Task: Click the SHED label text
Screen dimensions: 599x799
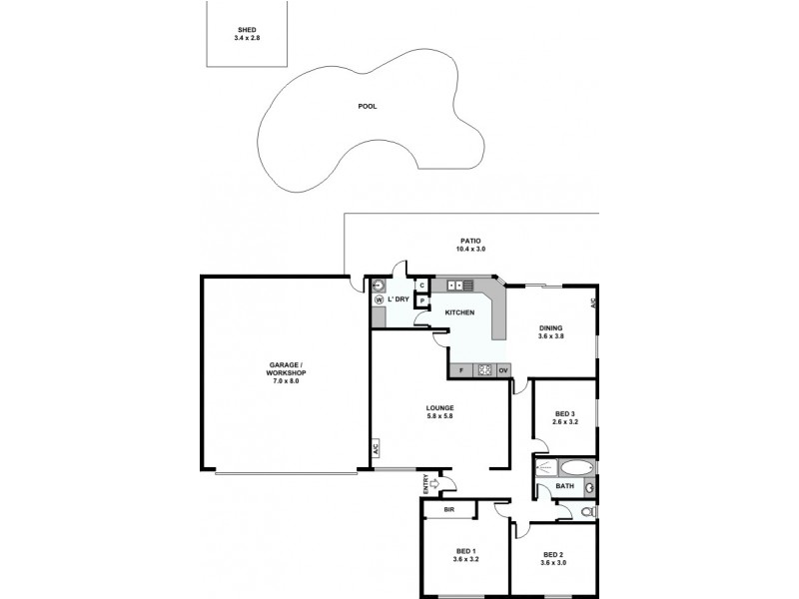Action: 245,30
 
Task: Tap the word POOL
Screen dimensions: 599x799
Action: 367,106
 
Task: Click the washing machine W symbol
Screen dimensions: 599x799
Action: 380,299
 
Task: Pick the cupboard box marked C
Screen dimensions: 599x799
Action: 422,286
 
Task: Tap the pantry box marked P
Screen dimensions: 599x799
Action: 422,299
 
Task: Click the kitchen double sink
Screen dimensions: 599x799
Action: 460,286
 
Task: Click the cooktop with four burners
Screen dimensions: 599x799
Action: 484,370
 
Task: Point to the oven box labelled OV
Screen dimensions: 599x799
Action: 503,370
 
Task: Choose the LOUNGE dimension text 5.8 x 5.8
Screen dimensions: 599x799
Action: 439,415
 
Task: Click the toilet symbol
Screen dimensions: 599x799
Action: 587,511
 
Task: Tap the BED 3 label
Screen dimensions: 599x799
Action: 565,414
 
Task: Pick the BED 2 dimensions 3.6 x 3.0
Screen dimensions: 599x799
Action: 552,563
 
